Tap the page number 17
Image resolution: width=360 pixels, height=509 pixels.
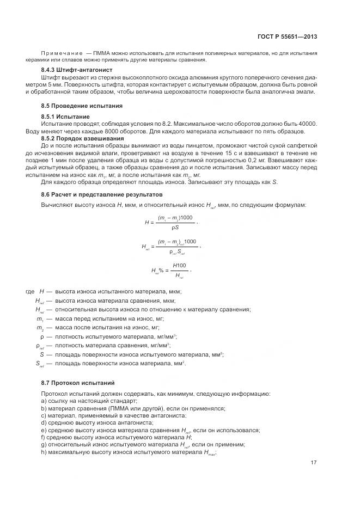[x=314, y=463]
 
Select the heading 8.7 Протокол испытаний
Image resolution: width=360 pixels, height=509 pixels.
[x=78, y=383]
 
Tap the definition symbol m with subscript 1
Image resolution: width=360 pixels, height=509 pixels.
[x=40, y=318]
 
